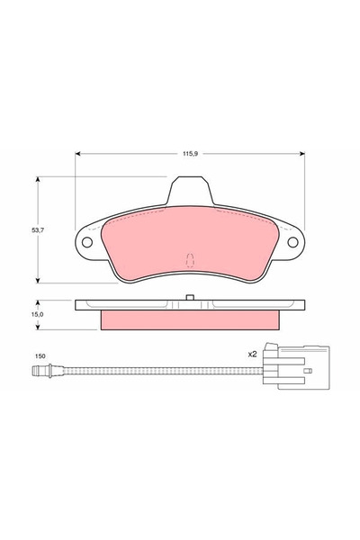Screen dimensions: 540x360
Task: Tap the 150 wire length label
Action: [40, 356]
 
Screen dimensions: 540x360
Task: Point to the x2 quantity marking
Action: [253, 355]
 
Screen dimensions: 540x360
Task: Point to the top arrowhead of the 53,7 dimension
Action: [38, 180]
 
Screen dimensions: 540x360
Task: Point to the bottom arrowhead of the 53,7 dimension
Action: [38, 281]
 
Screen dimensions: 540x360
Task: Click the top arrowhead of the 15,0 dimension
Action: [38, 301]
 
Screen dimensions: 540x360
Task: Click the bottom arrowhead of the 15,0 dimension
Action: [38, 329]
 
